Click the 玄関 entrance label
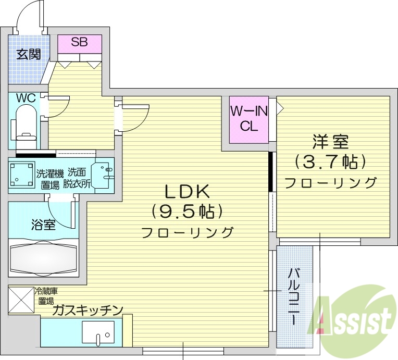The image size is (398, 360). coord(28,54)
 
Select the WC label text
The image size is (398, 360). coord(25,98)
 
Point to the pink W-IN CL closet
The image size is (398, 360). coord(248,119)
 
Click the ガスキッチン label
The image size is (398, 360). coord(87,311)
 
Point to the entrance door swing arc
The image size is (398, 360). coord(29,18)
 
